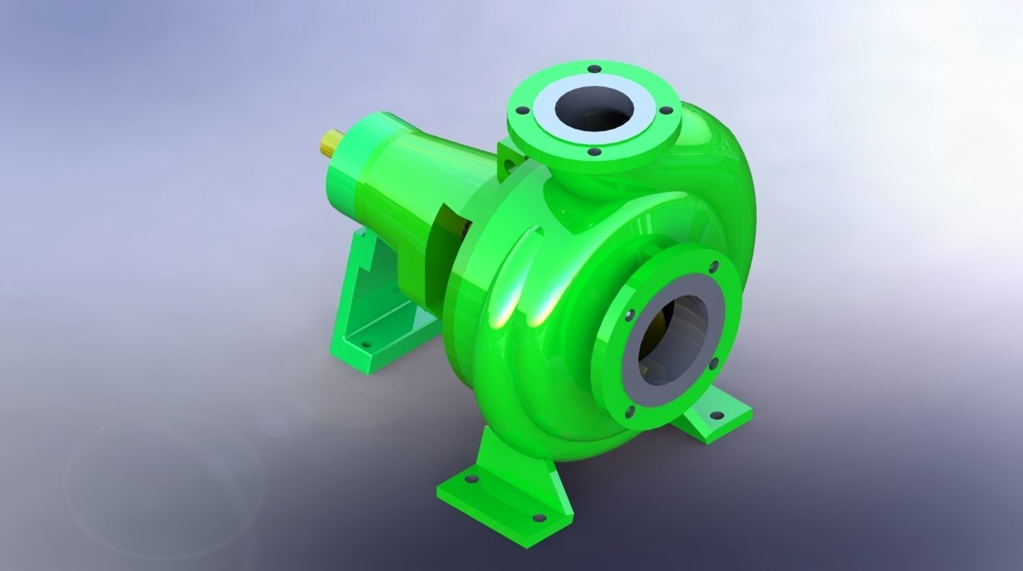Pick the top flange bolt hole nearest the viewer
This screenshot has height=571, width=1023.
[x=595, y=152]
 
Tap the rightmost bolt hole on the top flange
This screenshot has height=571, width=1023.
[x=665, y=110]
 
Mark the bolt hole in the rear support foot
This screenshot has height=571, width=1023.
[x=365, y=341]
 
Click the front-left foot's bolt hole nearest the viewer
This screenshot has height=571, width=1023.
[x=540, y=518]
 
